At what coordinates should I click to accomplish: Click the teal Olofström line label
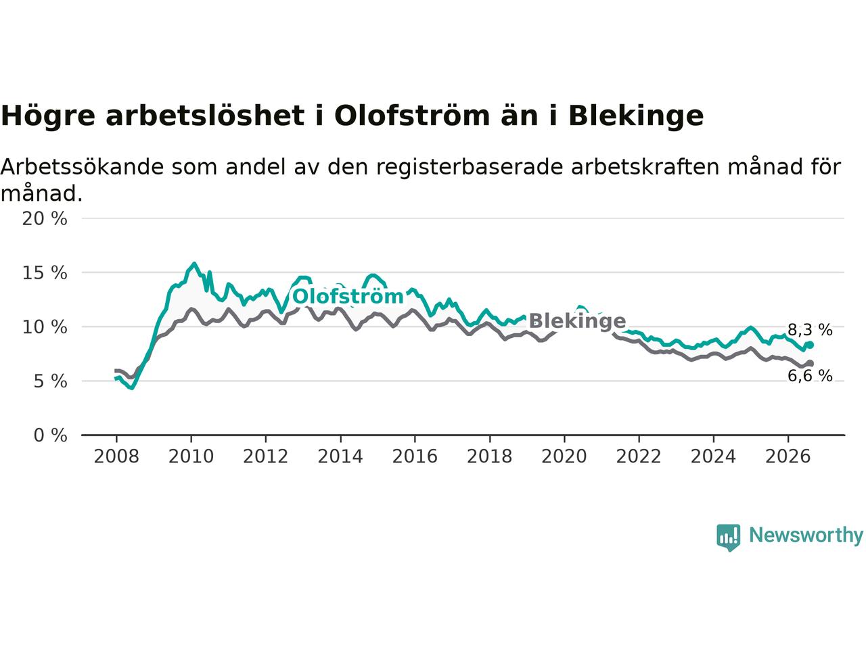coord(348,296)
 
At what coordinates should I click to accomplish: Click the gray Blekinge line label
coord(577,320)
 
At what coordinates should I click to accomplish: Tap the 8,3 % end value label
coord(810,329)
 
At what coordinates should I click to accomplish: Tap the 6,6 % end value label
coord(810,375)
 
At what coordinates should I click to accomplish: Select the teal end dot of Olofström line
coord(810,345)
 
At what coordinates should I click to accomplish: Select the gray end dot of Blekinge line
coord(810,363)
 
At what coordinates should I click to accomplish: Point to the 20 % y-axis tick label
coord(45,218)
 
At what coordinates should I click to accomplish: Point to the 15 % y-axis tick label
coord(45,272)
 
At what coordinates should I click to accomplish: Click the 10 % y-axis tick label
coord(45,327)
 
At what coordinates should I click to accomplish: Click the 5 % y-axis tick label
coord(51,381)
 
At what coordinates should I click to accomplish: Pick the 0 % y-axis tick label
coord(51,435)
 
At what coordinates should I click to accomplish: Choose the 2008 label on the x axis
coord(116,457)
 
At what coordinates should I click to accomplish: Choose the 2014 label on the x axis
coord(340,457)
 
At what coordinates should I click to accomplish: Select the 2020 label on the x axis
coord(564,457)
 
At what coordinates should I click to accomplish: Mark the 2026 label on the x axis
coord(788,457)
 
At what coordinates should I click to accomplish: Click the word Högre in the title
coord(48,116)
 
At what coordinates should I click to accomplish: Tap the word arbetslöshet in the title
coord(205,116)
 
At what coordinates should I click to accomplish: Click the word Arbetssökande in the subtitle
coord(82,167)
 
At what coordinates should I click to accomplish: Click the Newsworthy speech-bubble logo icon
coord(728,537)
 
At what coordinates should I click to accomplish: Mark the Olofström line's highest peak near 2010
coord(194,263)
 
